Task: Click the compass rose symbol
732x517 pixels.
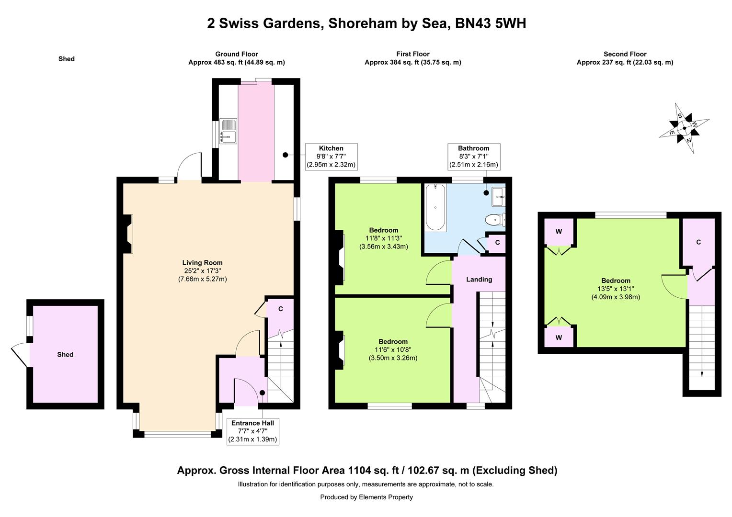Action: click(x=684, y=128)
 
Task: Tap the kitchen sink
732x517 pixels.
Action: click(x=228, y=131)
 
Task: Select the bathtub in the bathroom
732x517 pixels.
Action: click(x=435, y=207)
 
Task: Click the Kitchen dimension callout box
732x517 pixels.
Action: click(x=332, y=157)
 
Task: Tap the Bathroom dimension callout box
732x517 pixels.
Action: click(x=473, y=157)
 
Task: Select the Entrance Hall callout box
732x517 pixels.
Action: click(x=252, y=431)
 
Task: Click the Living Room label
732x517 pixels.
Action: click(x=202, y=263)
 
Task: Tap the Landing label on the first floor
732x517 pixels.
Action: click(x=479, y=279)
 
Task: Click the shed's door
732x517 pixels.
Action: click(x=20, y=355)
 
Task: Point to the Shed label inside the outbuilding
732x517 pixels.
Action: click(x=65, y=354)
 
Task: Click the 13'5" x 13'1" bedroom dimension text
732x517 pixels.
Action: click(x=616, y=289)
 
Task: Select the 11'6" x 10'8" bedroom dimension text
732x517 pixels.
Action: click(x=393, y=349)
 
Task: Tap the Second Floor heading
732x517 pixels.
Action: click(x=625, y=54)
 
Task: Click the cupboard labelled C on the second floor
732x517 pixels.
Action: click(x=698, y=242)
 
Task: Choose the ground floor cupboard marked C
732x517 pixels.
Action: click(x=280, y=314)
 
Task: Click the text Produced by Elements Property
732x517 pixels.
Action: click(x=366, y=497)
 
